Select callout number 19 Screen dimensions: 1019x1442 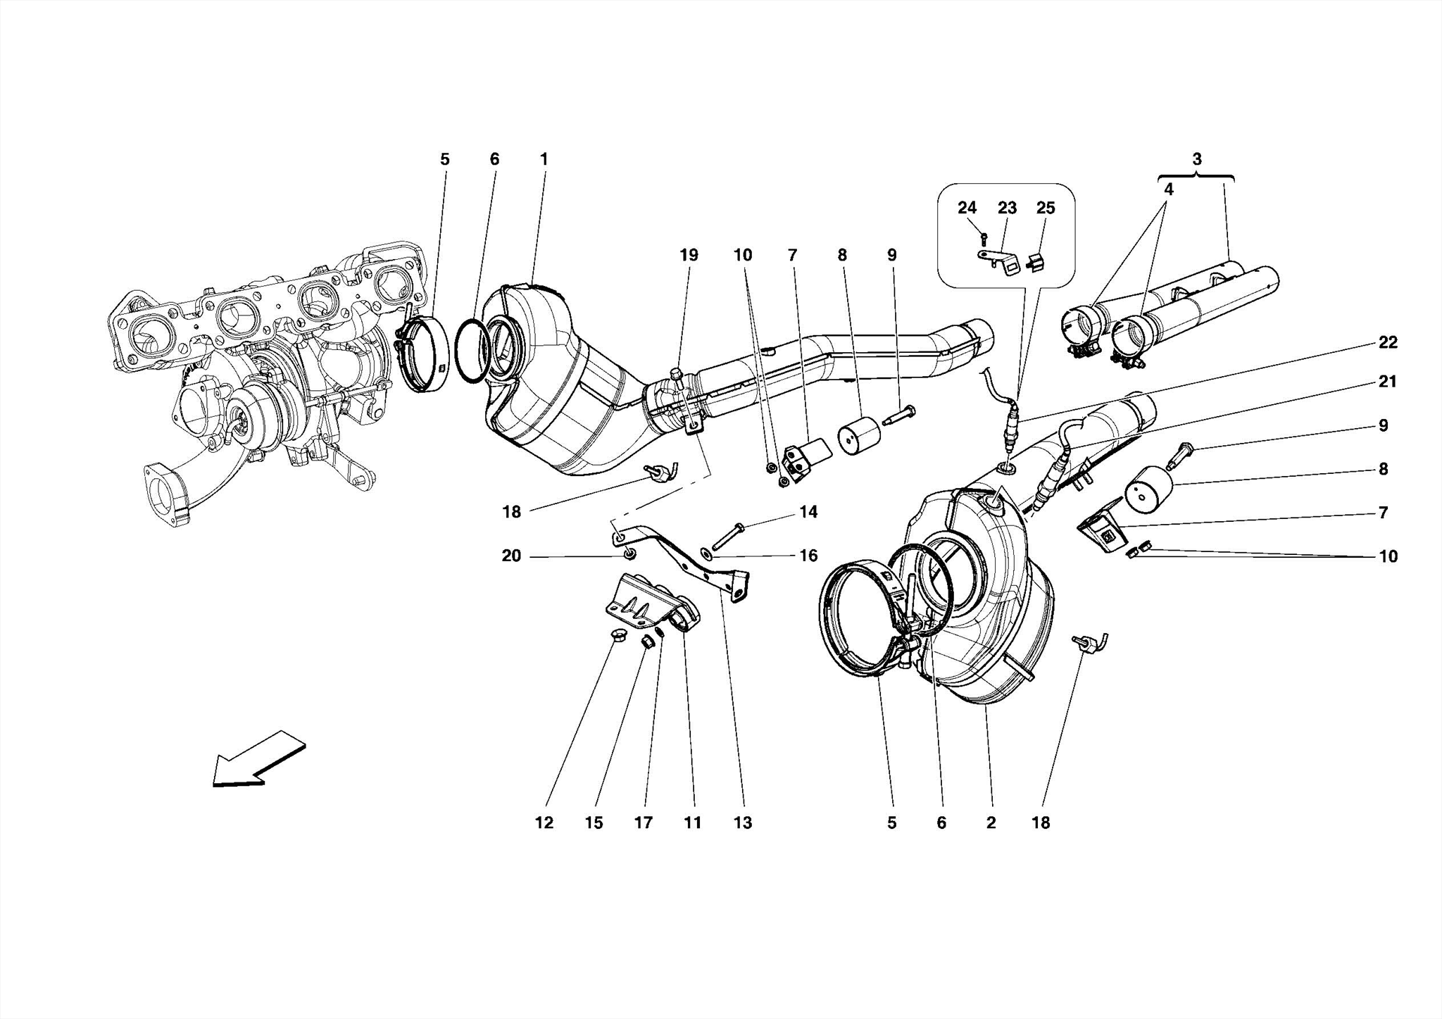[x=688, y=255]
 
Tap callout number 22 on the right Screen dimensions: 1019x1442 [x=1388, y=342]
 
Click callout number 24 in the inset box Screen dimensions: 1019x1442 [x=967, y=208]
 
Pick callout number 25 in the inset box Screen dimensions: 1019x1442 [x=1046, y=208]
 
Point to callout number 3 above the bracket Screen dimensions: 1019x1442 [x=1197, y=159]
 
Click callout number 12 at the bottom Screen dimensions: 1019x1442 [x=544, y=823]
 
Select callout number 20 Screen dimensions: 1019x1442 [x=511, y=556]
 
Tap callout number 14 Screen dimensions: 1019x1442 [x=808, y=512]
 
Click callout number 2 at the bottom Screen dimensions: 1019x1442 [x=991, y=823]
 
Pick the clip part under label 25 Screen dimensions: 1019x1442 [x=1035, y=262]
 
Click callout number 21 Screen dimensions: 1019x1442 [x=1388, y=382]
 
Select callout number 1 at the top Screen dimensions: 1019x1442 [x=544, y=159]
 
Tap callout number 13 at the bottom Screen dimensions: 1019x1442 [x=743, y=823]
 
